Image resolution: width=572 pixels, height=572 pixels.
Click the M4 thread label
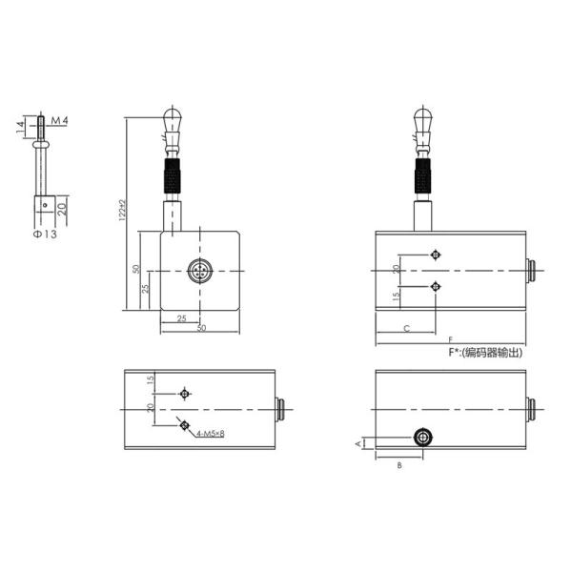tap(59, 121)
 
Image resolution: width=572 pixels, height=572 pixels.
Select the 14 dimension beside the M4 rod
tap(19, 126)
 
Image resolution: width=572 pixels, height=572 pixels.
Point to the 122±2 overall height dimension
tap(122, 211)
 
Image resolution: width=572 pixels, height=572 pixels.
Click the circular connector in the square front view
tap(200, 272)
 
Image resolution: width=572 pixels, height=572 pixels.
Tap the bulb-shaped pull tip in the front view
tap(172, 119)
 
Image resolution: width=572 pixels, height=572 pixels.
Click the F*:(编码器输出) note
tap(485, 352)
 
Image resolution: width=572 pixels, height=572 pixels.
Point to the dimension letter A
tap(358, 443)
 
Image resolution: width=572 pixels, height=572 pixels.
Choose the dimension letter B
tap(399, 465)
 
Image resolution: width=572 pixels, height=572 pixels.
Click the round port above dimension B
tap(422, 437)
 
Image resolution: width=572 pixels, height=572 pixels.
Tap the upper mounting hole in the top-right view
tap(436, 255)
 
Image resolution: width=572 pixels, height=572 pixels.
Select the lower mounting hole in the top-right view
tap(436, 286)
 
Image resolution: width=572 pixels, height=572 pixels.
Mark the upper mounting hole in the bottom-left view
tap(185, 393)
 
